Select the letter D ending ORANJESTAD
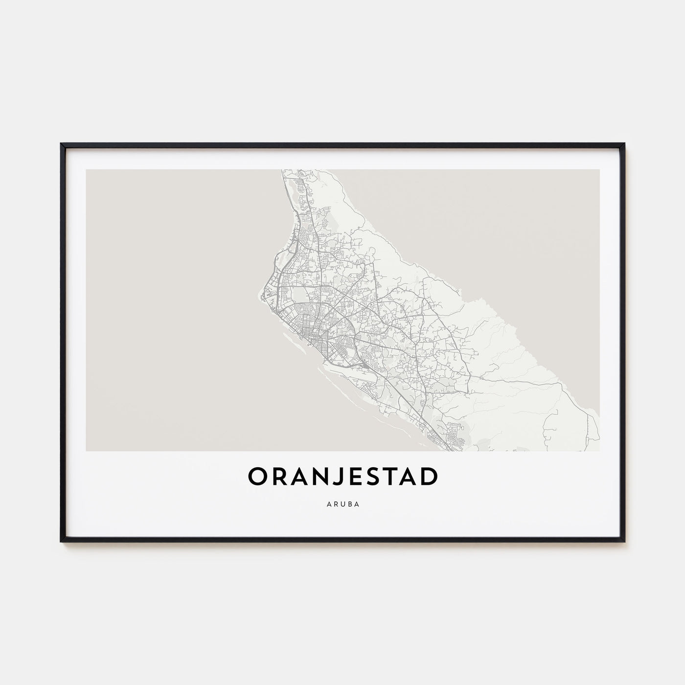(x=427, y=478)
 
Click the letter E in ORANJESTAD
(x=356, y=478)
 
